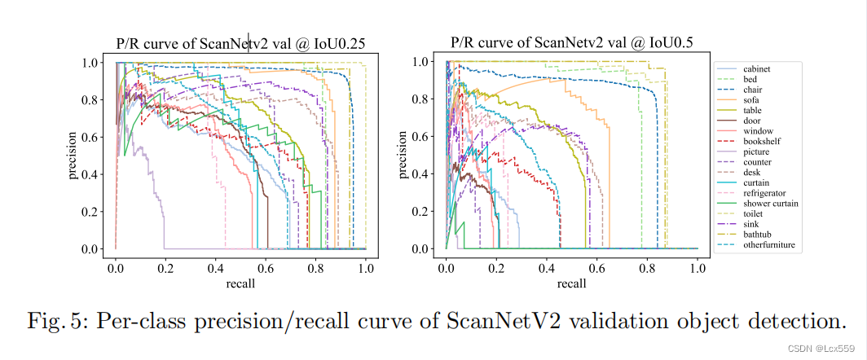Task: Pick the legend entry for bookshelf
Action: pos(762,141)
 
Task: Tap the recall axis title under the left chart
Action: pos(240,283)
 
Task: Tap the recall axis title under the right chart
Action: pos(571,283)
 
